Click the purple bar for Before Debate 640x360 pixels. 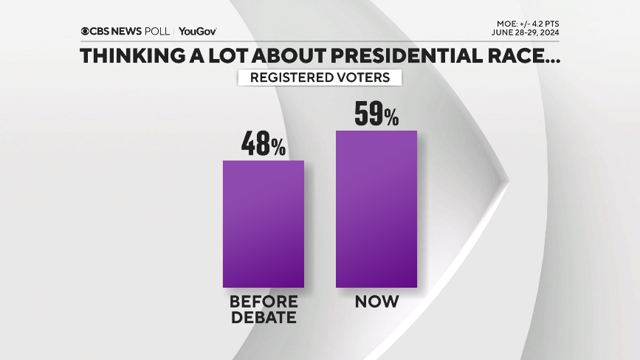(x=264, y=224)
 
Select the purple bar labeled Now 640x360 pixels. (x=376, y=209)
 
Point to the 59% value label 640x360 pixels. (x=376, y=114)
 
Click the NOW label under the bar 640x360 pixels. (x=376, y=302)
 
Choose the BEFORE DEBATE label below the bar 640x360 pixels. (x=264, y=310)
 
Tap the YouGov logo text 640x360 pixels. (x=197, y=32)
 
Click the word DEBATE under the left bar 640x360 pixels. (x=264, y=318)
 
